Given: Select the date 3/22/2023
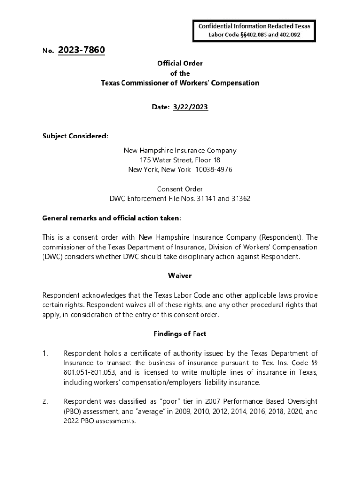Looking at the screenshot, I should coord(190,107).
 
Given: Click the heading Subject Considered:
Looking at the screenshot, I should coord(75,136).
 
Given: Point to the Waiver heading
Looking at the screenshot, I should coord(180,276).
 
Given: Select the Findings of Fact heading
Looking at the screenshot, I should coord(180,334).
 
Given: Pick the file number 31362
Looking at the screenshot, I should coord(241,198).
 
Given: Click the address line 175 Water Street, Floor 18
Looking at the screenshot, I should coord(180,160).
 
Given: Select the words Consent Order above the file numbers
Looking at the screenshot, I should coord(180,189).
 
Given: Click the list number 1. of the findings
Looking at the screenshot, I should coord(45,353).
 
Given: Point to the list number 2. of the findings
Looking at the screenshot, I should coord(45,402).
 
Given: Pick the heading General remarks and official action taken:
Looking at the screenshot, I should coord(111,218).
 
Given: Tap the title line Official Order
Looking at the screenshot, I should coord(180,63).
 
